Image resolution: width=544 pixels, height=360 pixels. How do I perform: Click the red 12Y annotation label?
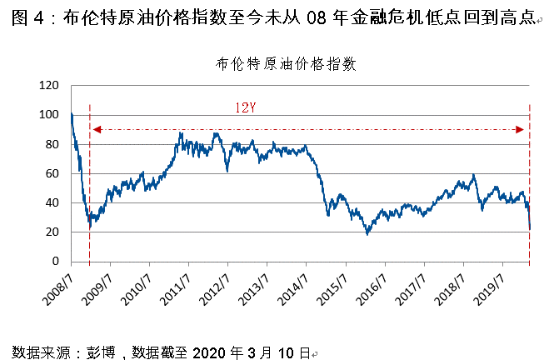[x=245, y=108]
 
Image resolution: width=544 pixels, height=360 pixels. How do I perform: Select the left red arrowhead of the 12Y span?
[x=96, y=129]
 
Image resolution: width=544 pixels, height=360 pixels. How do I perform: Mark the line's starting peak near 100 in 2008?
[x=72, y=113]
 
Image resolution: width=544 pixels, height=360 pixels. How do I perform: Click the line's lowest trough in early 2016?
[x=367, y=234]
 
